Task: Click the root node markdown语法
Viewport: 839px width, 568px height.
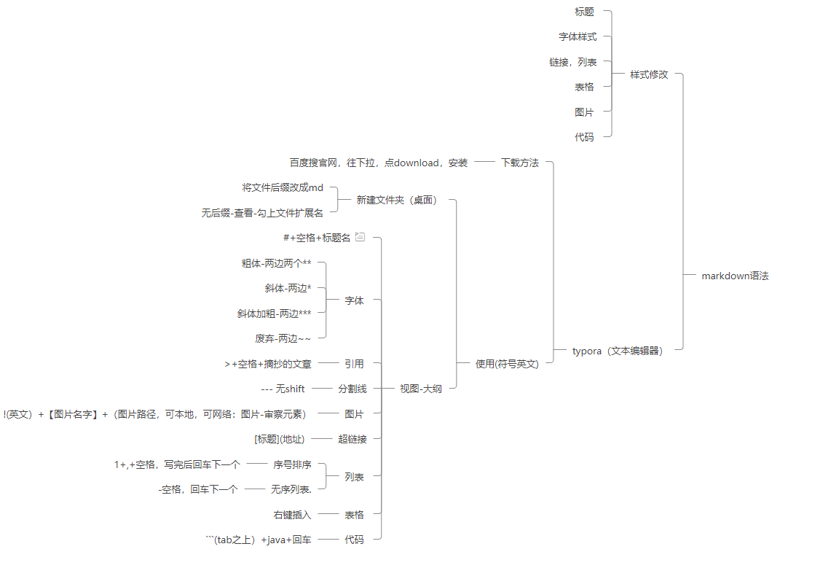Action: (x=735, y=276)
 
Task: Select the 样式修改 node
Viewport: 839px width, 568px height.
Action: (x=649, y=74)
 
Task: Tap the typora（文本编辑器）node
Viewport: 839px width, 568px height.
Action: (x=618, y=351)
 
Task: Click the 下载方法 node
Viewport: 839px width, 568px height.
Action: (x=520, y=163)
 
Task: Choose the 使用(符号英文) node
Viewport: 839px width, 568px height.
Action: (x=507, y=364)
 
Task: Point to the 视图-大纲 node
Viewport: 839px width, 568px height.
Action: (x=421, y=389)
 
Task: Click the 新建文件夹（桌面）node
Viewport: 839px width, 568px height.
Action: (x=397, y=200)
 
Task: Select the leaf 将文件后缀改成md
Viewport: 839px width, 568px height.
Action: (x=283, y=187)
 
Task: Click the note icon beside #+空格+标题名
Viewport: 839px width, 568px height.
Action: (x=360, y=237)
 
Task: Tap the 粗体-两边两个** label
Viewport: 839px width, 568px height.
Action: (x=276, y=263)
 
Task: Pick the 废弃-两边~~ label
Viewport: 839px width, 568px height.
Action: (x=283, y=338)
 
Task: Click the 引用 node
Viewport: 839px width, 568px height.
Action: (x=354, y=363)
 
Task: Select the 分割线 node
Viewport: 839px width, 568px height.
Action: (x=352, y=389)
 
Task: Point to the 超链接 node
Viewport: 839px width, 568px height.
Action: (x=352, y=439)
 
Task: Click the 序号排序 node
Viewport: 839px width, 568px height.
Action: (x=292, y=464)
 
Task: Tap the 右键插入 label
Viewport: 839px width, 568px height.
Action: (x=292, y=515)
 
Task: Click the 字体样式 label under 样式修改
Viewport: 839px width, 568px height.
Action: (x=578, y=36)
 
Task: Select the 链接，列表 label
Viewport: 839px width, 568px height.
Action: (x=573, y=62)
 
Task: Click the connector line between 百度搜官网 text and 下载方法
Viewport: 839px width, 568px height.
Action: (x=484, y=163)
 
